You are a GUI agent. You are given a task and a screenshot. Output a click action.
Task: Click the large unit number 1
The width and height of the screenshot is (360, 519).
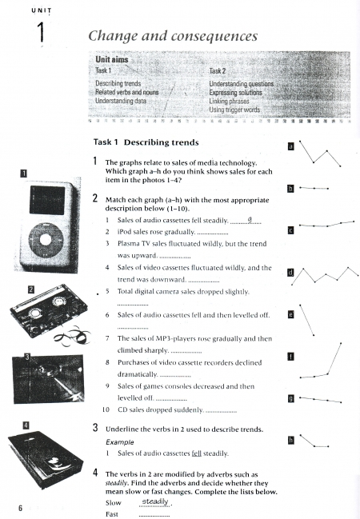41,32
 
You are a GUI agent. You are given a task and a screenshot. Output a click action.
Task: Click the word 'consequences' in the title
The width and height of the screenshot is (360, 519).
214,36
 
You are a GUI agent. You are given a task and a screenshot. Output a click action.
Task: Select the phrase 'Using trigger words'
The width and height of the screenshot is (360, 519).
234,110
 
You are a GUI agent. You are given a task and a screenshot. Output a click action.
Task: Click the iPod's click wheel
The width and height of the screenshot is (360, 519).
46,240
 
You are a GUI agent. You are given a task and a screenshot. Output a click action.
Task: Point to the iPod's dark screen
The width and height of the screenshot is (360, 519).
47,200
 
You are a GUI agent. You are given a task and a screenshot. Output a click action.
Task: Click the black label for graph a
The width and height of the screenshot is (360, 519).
290,146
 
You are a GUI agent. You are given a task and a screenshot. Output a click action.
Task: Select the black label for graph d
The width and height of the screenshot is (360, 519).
290,273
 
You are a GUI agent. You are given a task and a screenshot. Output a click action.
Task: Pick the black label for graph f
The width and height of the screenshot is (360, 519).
290,357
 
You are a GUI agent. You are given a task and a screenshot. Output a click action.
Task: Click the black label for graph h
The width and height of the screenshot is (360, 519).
290,440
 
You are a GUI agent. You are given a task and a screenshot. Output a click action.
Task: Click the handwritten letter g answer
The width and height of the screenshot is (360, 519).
250,219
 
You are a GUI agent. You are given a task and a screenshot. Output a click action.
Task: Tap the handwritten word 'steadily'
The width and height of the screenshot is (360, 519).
155,501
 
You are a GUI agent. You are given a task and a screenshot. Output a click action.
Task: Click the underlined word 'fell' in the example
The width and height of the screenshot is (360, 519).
197,453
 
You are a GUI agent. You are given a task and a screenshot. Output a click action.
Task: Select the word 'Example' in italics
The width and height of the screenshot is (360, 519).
120,442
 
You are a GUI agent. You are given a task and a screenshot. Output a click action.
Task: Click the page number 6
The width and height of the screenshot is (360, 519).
20,508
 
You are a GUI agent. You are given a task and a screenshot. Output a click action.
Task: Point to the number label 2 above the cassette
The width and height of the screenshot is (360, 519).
31,289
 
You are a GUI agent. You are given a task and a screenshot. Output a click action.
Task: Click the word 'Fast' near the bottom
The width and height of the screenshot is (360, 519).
112,514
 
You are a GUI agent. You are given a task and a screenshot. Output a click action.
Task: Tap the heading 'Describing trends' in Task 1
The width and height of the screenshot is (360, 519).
162,142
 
